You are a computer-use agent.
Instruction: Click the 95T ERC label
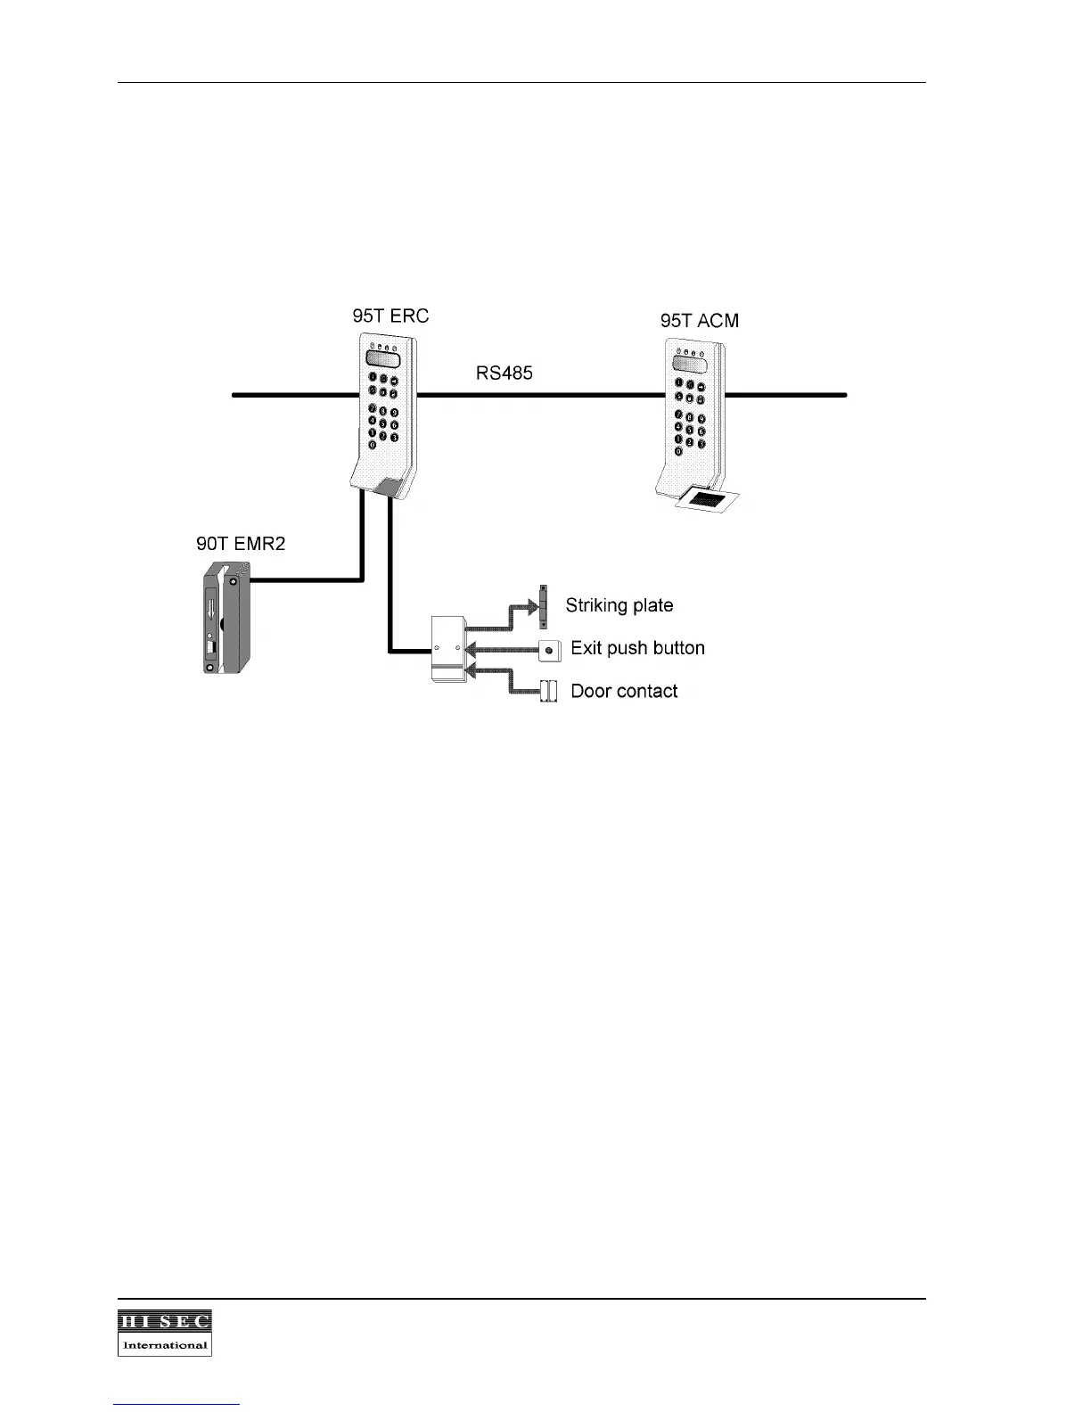tap(390, 316)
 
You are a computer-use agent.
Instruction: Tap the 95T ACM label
tap(699, 321)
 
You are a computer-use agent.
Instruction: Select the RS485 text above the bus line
tap(504, 374)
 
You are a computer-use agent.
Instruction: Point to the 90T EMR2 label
tap(241, 544)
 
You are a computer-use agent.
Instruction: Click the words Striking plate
tap(619, 605)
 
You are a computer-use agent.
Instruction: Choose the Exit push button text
tap(637, 648)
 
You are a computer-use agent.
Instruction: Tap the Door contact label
tap(624, 691)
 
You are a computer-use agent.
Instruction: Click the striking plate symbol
tap(542, 606)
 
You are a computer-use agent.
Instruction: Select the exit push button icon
tap(549, 650)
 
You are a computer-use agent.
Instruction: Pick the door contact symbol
tap(549, 691)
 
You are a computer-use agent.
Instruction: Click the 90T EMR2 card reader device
tap(223, 617)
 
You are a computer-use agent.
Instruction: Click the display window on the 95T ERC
tap(381, 359)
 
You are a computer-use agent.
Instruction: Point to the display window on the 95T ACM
tap(690, 363)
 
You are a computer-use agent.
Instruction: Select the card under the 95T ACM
tap(708, 500)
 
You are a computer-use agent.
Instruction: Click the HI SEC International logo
tap(165, 1333)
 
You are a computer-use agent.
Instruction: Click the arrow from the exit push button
tap(499, 650)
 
